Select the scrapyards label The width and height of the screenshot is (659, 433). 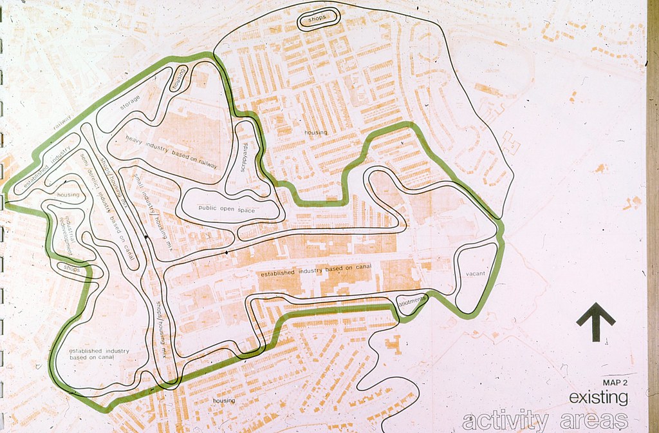pos(244,157)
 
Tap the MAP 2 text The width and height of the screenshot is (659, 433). pos(615,383)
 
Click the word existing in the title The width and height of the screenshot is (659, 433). pos(598,398)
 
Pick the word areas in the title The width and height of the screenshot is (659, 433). pos(594,421)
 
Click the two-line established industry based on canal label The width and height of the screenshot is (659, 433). pos(99,354)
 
